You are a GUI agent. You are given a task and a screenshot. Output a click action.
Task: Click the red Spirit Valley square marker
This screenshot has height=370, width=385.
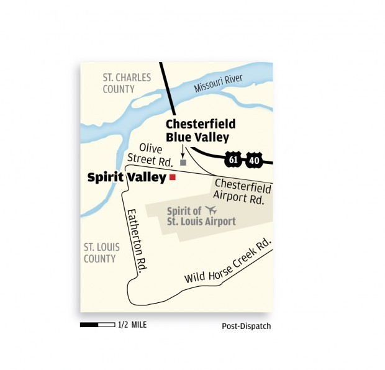pyautogui.click(x=173, y=178)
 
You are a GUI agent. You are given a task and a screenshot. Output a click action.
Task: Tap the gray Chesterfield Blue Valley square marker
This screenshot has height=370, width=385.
pyautogui.click(x=183, y=163)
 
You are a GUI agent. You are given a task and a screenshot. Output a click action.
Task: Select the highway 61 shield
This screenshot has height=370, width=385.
pyautogui.click(x=233, y=160)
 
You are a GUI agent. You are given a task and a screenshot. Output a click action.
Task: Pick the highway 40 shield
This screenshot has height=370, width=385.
pyautogui.click(x=253, y=160)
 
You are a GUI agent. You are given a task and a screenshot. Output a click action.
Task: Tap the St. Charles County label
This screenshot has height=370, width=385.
pyautogui.click(x=127, y=83)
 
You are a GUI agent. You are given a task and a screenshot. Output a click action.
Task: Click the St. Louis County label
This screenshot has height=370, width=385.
pyautogui.click(x=99, y=253)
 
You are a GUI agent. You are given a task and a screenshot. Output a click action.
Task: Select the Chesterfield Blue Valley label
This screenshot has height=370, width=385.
pyautogui.click(x=196, y=131)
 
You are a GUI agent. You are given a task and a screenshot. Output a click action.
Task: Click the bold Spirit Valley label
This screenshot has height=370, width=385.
pyautogui.click(x=127, y=178)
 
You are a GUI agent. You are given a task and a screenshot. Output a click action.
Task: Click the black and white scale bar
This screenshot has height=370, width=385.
pyautogui.click(x=97, y=325)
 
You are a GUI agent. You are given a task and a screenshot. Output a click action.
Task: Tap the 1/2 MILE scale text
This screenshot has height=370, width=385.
pyautogui.click(x=133, y=325)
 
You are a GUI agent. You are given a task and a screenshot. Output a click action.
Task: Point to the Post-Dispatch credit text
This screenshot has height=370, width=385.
pyautogui.click(x=247, y=326)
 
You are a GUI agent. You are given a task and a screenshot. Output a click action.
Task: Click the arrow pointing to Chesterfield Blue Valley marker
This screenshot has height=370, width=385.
pyautogui.click(x=182, y=151)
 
